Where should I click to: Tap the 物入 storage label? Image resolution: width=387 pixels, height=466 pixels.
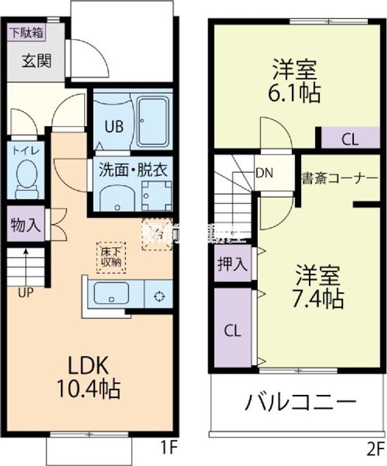click(x=26, y=225)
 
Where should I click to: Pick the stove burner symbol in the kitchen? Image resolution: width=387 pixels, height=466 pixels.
click(x=158, y=296)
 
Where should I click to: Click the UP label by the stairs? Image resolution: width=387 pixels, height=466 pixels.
click(x=26, y=292)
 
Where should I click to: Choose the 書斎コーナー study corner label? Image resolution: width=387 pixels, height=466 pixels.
click(x=339, y=178)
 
